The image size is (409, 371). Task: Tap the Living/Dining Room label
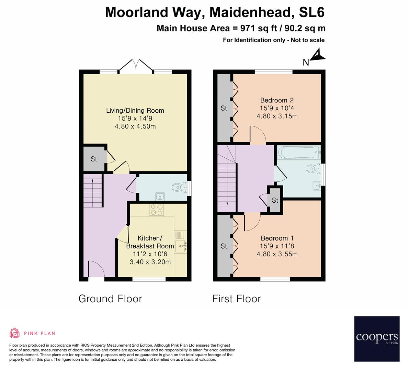(x=135, y=111)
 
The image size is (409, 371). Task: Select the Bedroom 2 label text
(x=277, y=100)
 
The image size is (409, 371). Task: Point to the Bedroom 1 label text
(x=277, y=238)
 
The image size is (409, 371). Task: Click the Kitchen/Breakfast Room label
(x=150, y=242)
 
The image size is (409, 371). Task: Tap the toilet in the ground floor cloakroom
(x=178, y=187)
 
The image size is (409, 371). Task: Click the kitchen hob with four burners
(x=156, y=210)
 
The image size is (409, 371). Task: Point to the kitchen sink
(x=181, y=245)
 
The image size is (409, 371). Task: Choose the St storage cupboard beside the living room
(x=94, y=159)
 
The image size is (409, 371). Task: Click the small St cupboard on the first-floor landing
(x=275, y=200)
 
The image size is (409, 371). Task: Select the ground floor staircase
(x=93, y=191)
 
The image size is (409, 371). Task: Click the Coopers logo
(x=377, y=338)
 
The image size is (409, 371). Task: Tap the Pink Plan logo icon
(x=15, y=333)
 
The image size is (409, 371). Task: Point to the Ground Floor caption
(x=110, y=299)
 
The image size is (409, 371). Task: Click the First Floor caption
(x=236, y=299)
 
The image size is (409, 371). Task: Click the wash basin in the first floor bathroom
(x=316, y=185)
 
